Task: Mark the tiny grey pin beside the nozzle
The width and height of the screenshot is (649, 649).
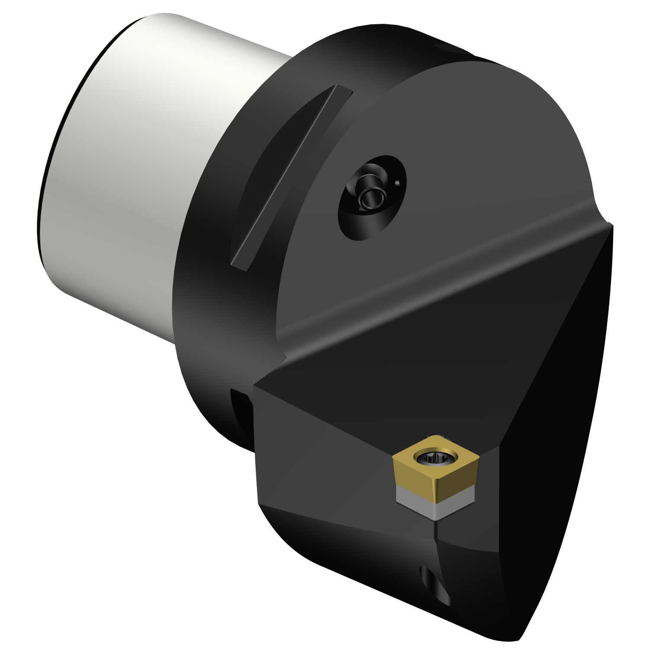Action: (398, 183)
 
